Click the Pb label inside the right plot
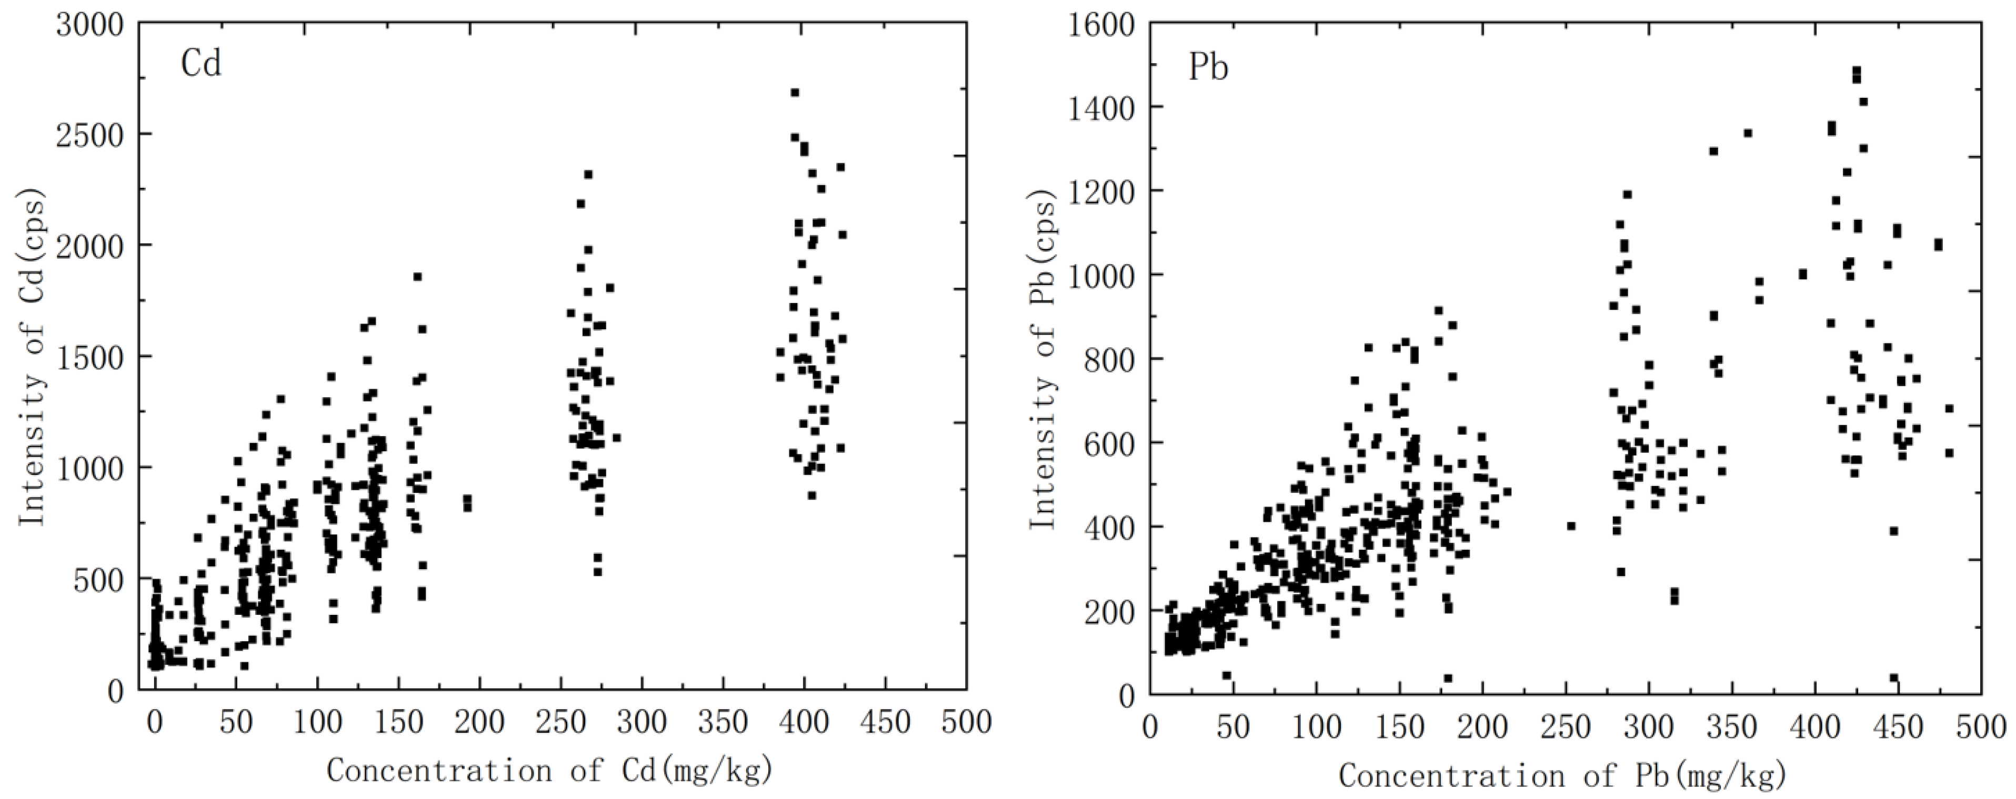(1208, 68)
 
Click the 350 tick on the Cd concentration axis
(723, 722)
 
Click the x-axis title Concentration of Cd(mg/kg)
(550, 771)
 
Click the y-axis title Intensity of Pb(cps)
(1042, 360)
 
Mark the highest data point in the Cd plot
(795, 93)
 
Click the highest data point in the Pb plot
(1857, 70)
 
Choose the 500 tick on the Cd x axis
(967, 722)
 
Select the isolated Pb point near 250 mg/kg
(1571, 526)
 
